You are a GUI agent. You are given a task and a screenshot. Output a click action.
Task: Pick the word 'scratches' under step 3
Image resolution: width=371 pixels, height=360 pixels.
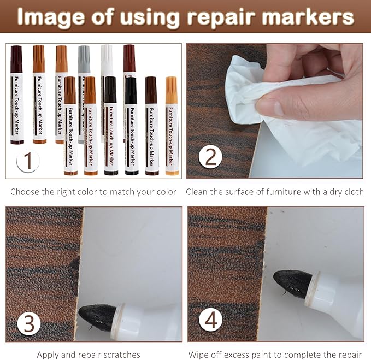click(x=121, y=355)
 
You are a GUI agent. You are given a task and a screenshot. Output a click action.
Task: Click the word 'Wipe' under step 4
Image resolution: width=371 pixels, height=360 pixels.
click(x=198, y=355)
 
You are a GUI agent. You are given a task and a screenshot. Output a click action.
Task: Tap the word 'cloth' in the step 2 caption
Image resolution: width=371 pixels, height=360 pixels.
click(x=353, y=192)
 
